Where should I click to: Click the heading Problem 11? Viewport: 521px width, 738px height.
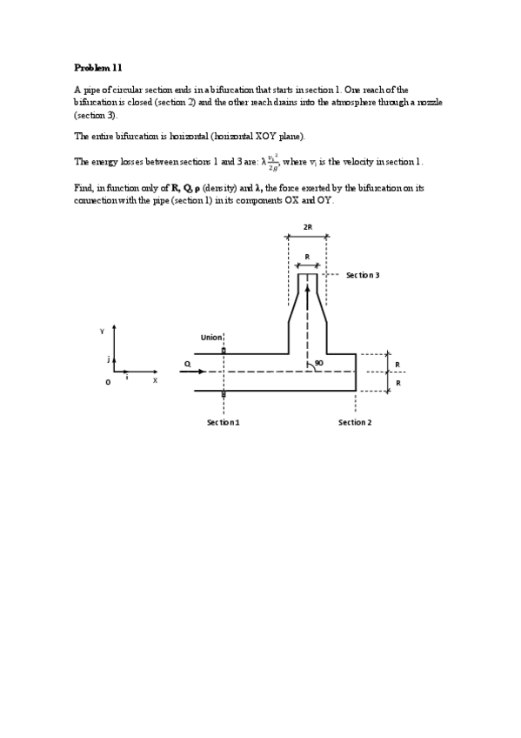[98, 67]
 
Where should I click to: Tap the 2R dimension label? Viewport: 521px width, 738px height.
[308, 227]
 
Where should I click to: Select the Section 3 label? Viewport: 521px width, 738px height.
[363, 275]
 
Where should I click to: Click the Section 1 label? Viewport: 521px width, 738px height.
[223, 422]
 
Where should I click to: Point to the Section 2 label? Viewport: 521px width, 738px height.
[355, 422]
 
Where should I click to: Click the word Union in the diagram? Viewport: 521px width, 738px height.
[211, 338]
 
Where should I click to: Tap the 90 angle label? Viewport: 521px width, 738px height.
[319, 363]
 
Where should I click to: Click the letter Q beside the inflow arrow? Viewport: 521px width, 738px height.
[187, 364]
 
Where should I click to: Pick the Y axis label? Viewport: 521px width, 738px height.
[102, 331]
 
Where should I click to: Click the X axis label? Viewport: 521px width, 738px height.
[155, 380]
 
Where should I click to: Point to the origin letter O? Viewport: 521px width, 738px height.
[108, 381]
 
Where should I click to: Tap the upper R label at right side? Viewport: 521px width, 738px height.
[397, 365]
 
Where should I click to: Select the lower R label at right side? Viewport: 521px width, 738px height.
[397, 383]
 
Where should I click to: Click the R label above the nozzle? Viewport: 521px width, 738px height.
[307, 257]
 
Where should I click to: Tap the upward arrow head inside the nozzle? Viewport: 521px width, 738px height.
[307, 288]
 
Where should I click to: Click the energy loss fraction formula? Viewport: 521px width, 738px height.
[273, 162]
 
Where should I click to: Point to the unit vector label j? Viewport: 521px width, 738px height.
[108, 358]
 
